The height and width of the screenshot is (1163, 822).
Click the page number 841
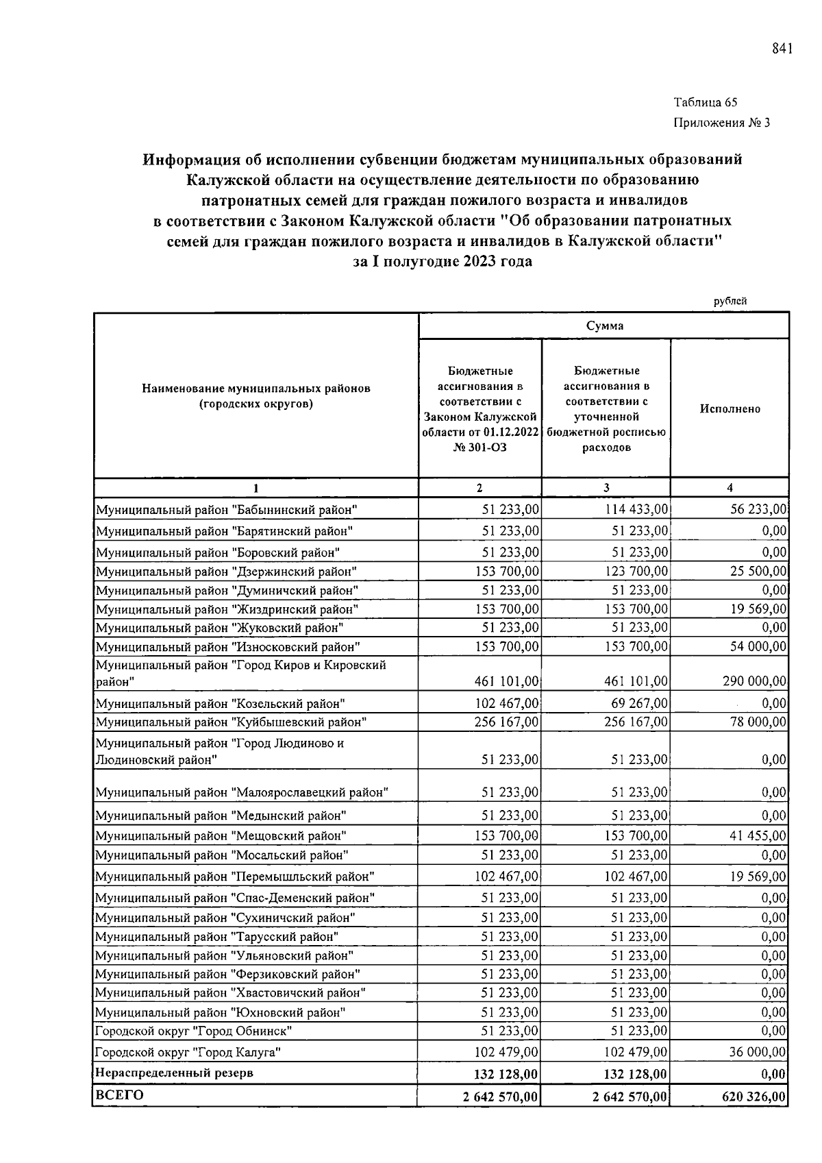coord(782,48)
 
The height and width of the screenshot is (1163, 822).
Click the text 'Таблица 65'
coord(705,103)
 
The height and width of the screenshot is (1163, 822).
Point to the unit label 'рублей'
coord(730,301)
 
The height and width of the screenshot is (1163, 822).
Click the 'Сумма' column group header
coord(604,326)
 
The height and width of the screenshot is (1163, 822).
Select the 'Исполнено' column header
coord(730,408)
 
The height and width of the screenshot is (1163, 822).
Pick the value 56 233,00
coord(758,509)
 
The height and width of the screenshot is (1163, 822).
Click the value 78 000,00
coord(758,722)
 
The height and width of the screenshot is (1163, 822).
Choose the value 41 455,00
coord(758,835)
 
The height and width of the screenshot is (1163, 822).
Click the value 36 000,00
coord(758,1052)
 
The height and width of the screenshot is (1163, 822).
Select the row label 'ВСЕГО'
coord(119,1095)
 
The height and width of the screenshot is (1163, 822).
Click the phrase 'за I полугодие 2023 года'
coord(442,262)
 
